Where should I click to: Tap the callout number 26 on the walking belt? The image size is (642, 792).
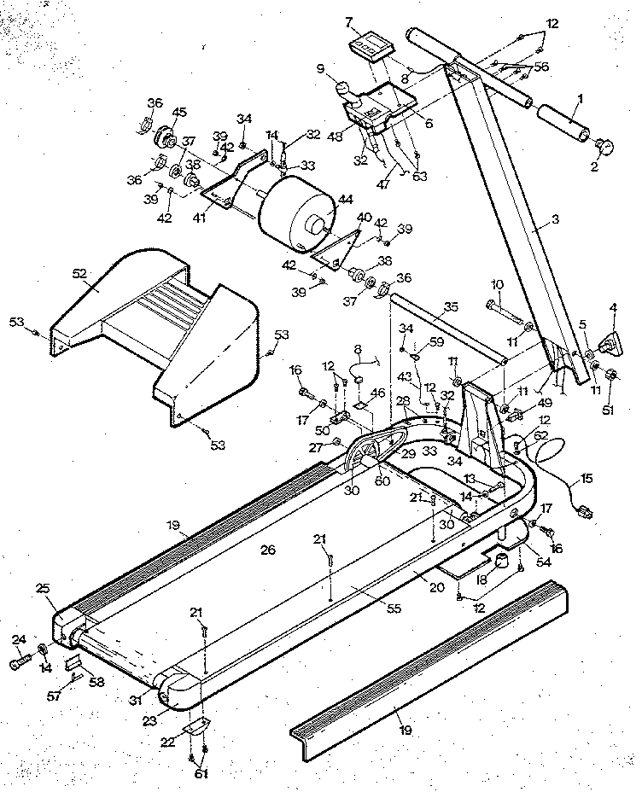click(268, 551)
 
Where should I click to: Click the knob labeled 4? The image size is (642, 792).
click(613, 344)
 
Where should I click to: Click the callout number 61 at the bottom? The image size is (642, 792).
click(201, 774)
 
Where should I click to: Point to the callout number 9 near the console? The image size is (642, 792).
click(320, 71)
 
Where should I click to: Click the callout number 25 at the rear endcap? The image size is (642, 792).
click(43, 590)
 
